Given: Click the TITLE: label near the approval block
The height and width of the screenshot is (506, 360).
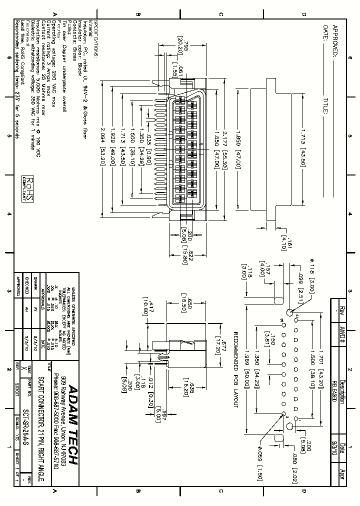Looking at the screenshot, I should click(325, 106).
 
